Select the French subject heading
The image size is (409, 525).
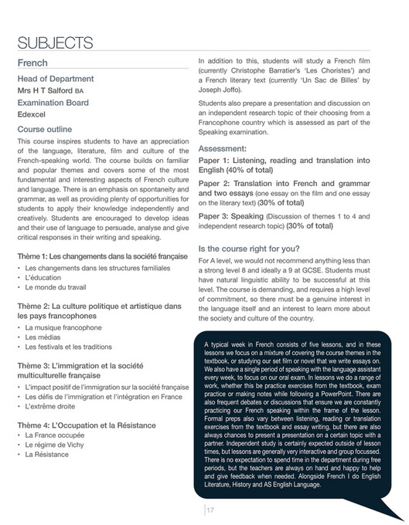click(32, 63)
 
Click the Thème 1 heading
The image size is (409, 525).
click(100, 256)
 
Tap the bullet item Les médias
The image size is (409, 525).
click(43, 337)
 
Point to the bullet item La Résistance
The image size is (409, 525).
click(46, 455)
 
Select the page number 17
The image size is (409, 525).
click(210, 509)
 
